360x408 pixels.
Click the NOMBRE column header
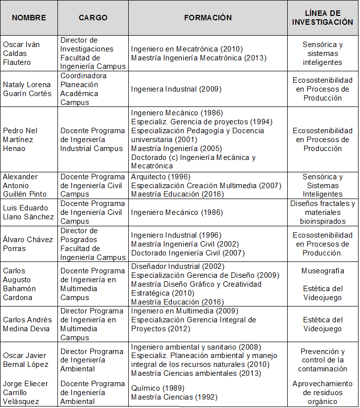pyautogui.click(x=29, y=18)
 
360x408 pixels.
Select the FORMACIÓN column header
pyautogui.click(x=208, y=18)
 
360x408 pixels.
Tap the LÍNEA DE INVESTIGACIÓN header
pyautogui.click(x=322, y=18)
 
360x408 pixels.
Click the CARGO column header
pyautogui.click(x=93, y=18)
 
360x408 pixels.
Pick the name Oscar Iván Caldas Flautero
pyautogui.click(x=22, y=53)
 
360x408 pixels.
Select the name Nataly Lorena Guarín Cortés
pyautogui.click(x=27, y=89)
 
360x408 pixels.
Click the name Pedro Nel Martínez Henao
pyautogui.click(x=20, y=140)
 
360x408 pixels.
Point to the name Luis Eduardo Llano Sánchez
pyautogui.click(x=28, y=212)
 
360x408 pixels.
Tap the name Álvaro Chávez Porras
pyautogui.click(x=28, y=244)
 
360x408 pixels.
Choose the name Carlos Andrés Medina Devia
pyautogui.click(x=28, y=324)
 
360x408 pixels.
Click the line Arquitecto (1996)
pyautogui.click(x=160, y=177)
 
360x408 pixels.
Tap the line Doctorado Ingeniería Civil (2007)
pyautogui.click(x=188, y=253)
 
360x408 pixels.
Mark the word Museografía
pyautogui.click(x=322, y=271)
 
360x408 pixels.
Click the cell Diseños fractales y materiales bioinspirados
pyautogui.click(x=322, y=212)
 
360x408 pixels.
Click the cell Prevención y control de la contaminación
pyautogui.click(x=322, y=360)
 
